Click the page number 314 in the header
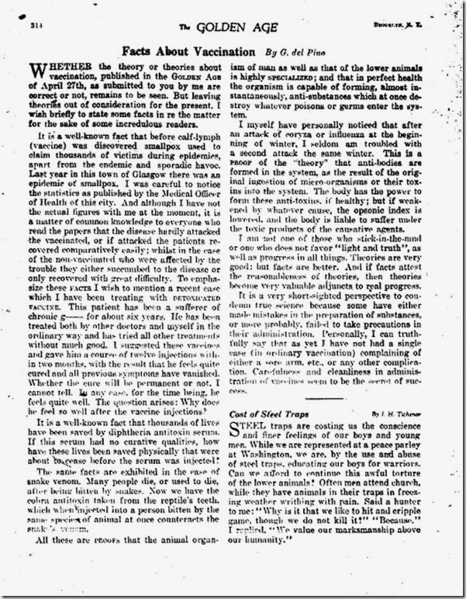click(35, 26)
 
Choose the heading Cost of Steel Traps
click(271, 414)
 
